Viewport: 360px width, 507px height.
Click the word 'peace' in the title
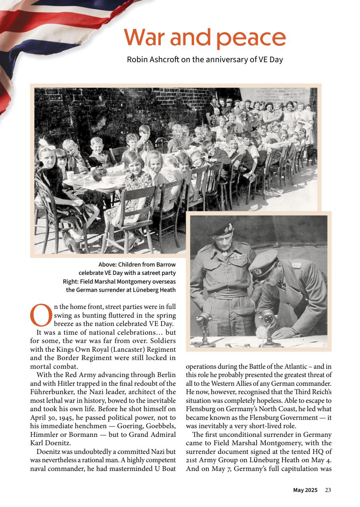(251, 38)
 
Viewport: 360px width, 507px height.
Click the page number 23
(328, 490)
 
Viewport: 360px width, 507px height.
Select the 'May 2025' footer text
(305, 490)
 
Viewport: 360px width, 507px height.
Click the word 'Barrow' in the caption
(166, 264)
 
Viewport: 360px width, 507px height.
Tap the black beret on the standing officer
(222, 229)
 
